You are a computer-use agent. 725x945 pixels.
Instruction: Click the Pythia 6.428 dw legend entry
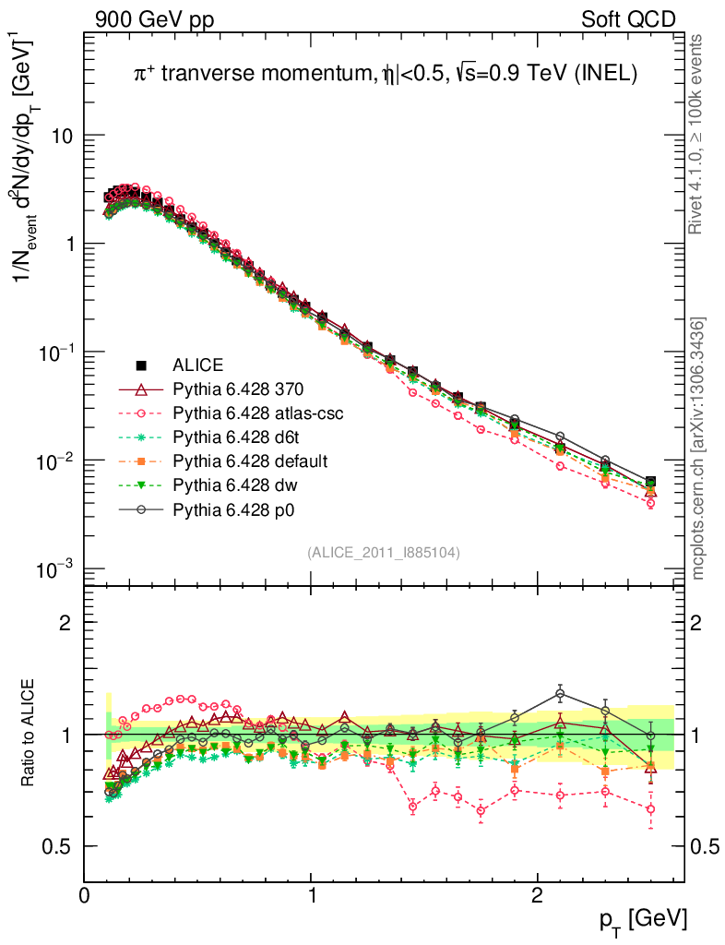coord(230,484)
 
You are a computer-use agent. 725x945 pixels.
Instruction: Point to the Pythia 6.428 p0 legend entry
coord(230,508)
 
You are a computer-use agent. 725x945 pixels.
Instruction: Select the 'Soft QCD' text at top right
coord(628,19)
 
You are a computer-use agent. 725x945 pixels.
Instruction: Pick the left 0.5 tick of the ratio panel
coord(60,846)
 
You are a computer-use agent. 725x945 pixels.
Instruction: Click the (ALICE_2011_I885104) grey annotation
coord(384,553)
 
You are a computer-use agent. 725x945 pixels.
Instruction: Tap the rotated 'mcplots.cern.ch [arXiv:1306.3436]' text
coord(698,449)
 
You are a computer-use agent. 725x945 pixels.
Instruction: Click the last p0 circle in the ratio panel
coord(650,736)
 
